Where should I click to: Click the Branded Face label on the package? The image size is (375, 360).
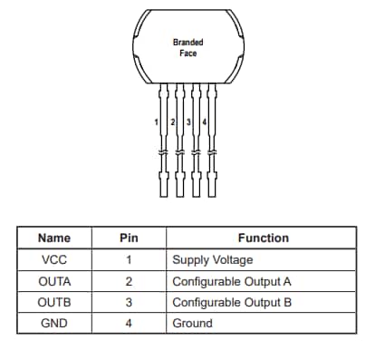tap(187, 47)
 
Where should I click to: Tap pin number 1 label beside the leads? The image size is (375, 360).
tap(157, 122)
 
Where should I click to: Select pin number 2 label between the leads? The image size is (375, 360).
tap(173, 122)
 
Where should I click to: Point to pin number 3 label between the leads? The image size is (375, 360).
tap(187, 122)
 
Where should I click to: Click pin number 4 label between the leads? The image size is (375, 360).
tap(204, 122)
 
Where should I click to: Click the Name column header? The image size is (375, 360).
tap(53, 238)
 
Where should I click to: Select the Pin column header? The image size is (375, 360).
tap(129, 238)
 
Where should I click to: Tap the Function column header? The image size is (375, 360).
tap(263, 238)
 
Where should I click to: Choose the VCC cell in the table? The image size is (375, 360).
tap(53, 260)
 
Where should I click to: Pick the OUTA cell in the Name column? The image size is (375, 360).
tap(53, 281)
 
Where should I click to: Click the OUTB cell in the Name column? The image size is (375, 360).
tap(53, 302)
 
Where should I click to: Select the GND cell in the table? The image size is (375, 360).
tap(53, 323)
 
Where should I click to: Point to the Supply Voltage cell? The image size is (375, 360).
tap(212, 260)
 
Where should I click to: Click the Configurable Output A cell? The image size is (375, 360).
tap(232, 281)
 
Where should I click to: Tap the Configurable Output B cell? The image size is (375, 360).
tap(232, 302)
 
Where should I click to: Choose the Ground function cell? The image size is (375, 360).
tap(192, 323)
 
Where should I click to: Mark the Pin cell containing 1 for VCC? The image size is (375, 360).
tap(129, 260)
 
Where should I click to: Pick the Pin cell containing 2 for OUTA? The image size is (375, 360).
tap(129, 281)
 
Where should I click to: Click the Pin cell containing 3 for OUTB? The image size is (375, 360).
tap(129, 302)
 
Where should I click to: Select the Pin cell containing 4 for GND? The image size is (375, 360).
tap(129, 323)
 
